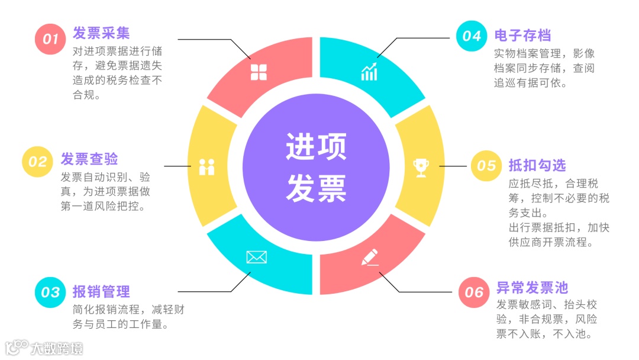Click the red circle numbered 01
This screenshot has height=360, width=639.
50,39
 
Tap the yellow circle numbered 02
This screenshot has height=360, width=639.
37,162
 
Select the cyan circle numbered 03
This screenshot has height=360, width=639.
50,292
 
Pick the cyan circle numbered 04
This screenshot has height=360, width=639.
472,36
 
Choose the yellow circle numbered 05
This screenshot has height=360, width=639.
486,165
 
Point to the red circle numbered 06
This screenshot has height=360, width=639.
474,292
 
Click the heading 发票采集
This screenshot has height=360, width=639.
101,33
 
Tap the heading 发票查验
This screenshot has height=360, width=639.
89,159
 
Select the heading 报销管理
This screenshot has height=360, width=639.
101,291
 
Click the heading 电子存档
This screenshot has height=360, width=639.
523,36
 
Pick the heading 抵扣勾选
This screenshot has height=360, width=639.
537,165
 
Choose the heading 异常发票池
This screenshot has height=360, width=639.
532,288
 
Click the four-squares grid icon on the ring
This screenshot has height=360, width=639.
259,72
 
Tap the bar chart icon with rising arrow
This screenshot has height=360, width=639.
369,71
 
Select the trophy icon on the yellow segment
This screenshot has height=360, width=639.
421,168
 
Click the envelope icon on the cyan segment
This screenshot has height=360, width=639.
256,257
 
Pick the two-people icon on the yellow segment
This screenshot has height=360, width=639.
206,167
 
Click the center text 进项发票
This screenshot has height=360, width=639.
316,167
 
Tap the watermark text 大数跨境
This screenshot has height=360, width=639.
57,348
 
